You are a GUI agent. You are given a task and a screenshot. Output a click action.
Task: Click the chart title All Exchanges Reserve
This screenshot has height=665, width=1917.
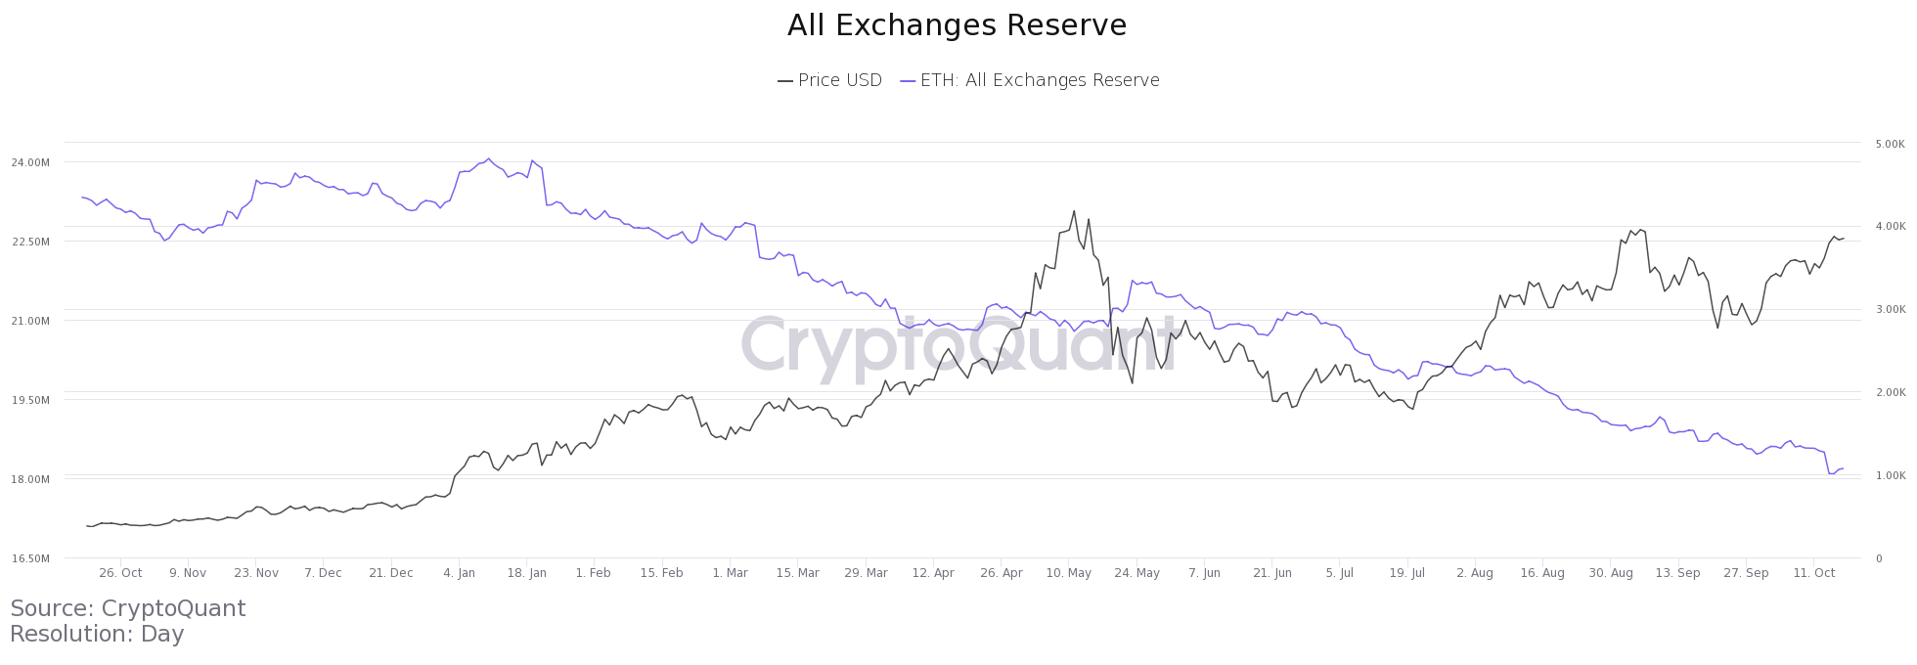tap(957, 25)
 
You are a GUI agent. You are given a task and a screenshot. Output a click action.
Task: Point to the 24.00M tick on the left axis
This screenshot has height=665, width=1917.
tap(30, 162)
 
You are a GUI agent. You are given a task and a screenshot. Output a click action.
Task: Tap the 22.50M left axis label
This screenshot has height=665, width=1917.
tap(30, 242)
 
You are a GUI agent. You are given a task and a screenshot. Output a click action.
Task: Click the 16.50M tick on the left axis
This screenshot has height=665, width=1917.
tap(30, 558)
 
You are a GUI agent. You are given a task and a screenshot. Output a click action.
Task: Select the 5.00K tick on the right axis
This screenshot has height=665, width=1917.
tap(1890, 144)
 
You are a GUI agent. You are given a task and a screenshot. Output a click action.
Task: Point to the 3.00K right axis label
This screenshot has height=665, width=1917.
tap(1890, 310)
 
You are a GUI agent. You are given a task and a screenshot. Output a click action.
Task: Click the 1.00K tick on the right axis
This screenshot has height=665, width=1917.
tap(1890, 476)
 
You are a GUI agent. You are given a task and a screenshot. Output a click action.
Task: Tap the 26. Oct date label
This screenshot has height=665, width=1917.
tap(120, 573)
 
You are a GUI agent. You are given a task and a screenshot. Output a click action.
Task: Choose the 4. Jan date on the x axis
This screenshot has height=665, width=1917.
tap(459, 573)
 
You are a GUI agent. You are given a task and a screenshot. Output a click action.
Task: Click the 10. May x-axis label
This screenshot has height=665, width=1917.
tap(1068, 573)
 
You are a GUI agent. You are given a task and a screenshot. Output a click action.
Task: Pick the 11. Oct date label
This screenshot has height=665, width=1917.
tap(1814, 573)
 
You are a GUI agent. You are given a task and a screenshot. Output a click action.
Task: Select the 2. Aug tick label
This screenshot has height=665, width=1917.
tap(1474, 573)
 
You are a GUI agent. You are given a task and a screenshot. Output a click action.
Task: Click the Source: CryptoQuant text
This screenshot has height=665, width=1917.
tap(128, 608)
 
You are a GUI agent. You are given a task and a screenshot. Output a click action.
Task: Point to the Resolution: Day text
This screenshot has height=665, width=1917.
tap(97, 634)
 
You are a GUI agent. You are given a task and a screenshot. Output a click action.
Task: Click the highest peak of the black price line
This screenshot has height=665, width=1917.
tap(1074, 210)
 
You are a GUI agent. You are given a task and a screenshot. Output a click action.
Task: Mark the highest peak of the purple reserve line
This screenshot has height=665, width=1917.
tap(489, 158)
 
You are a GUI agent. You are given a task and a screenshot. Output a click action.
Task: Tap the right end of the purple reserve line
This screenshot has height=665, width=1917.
tap(1843, 468)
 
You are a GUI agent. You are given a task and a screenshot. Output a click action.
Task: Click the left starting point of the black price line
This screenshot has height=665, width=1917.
tap(87, 526)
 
